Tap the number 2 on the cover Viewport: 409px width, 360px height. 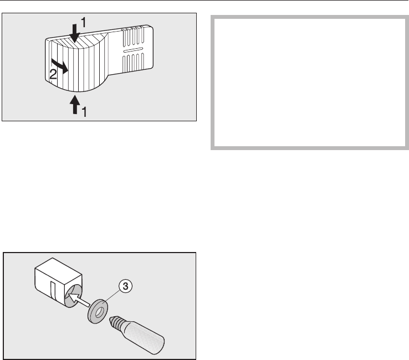click(53, 76)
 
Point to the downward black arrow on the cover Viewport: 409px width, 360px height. click(74, 33)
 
